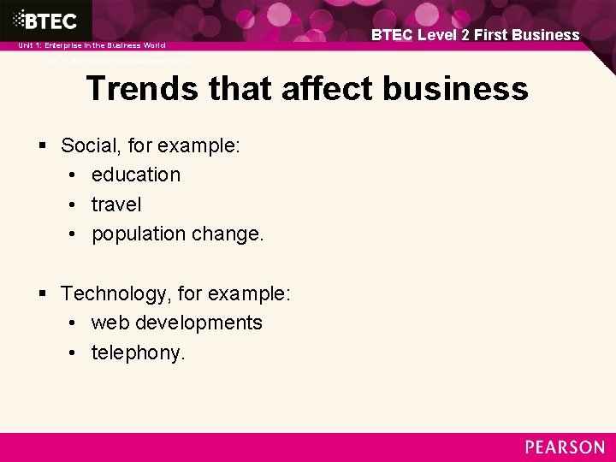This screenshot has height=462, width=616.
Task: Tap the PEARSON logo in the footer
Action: click(x=565, y=447)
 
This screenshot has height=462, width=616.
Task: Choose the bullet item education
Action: click(x=136, y=175)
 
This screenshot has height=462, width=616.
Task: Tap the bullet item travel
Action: click(x=116, y=204)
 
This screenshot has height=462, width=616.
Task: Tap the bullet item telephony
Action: click(x=137, y=352)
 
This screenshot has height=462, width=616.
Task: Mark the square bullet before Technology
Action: click(x=43, y=294)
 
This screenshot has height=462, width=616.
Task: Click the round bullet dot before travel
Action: click(x=74, y=205)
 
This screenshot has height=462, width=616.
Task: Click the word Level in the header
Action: click(x=436, y=35)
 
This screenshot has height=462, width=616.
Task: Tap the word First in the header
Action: click(x=496, y=35)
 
